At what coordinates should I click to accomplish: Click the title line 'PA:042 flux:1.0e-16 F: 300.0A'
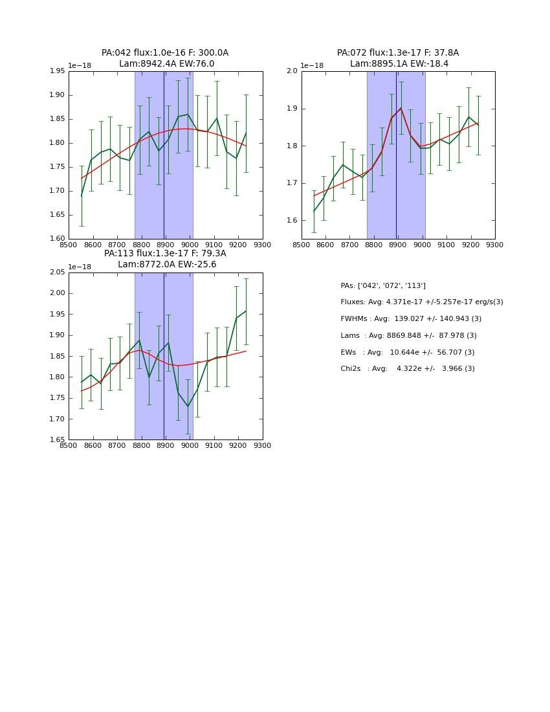[165, 53]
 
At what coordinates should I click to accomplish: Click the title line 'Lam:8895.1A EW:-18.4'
[399, 64]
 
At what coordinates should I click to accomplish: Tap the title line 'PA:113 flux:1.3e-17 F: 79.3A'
[165, 254]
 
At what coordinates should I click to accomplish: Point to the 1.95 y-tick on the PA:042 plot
[58, 71]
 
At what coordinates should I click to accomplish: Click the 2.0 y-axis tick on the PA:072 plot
[292, 71]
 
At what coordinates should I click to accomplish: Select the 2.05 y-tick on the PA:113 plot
[58, 273]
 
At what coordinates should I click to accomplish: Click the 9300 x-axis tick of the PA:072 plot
[495, 245]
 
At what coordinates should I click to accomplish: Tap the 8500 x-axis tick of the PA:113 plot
[69, 446]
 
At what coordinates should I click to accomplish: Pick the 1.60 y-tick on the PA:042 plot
[58, 239]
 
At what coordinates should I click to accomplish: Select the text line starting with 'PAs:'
[383, 285]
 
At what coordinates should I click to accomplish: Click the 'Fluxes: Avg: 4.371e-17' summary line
[421, 302]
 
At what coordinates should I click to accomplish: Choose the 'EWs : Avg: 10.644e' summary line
[407, 353]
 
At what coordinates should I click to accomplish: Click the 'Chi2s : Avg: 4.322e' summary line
[407, 369]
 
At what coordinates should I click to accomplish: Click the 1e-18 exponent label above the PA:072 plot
[313, 65]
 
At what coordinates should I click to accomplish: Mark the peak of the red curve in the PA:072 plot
[401, 108]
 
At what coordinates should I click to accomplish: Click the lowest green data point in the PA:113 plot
[188, 406]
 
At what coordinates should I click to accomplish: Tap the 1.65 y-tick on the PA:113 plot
[58, 440]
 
